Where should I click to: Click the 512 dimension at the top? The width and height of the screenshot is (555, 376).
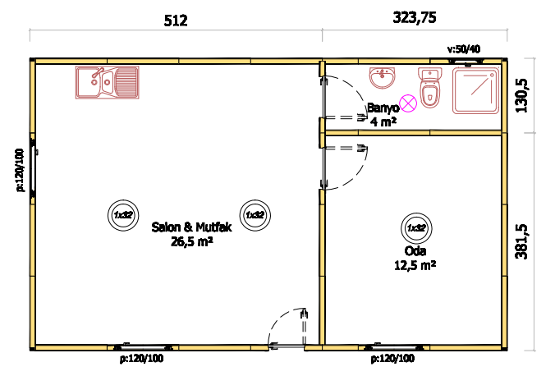tap(176, 21)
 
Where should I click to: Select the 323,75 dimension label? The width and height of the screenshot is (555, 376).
tap(415, 17)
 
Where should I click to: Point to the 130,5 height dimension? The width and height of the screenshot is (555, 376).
tap(521, 95)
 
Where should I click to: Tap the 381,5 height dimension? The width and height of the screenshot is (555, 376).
tap(521, 242)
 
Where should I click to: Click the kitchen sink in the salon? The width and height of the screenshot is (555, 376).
tap(108, 82)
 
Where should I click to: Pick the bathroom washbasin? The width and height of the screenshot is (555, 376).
tap(383, 78)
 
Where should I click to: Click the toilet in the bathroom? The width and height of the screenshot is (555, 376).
tap(430, 88)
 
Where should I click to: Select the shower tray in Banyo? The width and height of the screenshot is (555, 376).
tap(475, 91)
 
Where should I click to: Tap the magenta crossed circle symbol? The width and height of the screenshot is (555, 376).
tap(408, 103)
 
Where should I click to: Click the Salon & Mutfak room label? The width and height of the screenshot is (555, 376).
tap(191, 227)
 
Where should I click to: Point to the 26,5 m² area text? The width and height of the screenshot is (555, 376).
tap(192, 241)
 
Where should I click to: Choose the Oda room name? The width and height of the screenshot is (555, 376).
tap(415, 251)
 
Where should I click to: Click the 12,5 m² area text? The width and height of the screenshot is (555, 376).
tap(415, 265)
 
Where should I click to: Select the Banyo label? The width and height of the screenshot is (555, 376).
tap(383, 108)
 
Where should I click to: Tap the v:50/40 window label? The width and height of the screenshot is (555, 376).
tap(464, 49)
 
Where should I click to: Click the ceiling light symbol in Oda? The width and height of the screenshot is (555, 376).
tap(416, 228)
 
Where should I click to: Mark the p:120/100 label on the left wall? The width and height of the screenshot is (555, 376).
tap(20, 170)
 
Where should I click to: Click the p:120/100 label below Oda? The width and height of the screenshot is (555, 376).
tap(392, 359)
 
